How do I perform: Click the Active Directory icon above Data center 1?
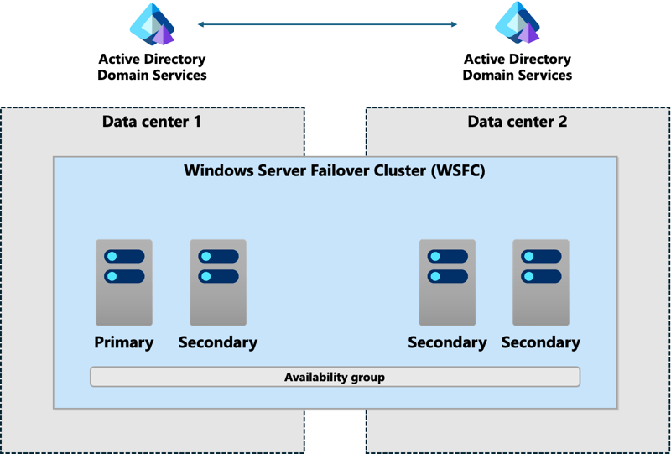click(152, 24)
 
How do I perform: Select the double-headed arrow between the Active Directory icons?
click(327, 24)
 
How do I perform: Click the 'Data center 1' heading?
click(152, 122)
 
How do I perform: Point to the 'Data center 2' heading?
click(517, 122)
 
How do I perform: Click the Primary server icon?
click(124, 283)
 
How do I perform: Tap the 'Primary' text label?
click(124, 342)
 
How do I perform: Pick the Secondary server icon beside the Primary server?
click(218, 283)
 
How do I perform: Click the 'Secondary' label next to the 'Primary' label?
click(218, 342)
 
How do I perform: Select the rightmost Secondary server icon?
click(541, 283)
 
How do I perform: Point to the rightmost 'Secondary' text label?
click(541, 342)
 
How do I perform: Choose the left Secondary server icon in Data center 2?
click(447, 283)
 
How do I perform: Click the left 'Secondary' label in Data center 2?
click(447, 342)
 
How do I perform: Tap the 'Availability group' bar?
click(335, 377)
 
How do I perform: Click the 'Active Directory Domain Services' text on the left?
click(152, 67)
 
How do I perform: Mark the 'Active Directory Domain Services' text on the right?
click(518, 67)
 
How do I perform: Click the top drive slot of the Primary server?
click(124, 257)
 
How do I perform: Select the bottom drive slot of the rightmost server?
click(541, 276)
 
